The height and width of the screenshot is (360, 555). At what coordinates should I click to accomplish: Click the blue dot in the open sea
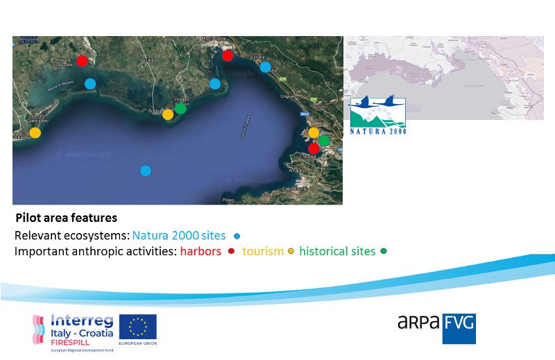[x=145, y=171]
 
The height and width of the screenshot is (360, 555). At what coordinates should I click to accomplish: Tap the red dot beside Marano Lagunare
[x=82, y=61]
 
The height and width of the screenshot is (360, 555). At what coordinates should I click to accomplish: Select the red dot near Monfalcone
[x=228, y=55]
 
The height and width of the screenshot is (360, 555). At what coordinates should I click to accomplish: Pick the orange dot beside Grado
[x=168, y=114]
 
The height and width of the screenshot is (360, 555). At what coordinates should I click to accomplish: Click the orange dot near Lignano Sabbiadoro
[x=35, y=132]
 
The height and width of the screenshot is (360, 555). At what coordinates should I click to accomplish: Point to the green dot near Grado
[x=180, y=108]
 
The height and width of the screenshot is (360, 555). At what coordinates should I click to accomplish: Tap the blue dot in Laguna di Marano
[x=90, y=83]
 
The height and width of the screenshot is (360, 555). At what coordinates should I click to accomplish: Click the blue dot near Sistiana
[x=265, y=67]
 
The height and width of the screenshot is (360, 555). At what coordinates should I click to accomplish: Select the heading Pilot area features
[x=66, y=218]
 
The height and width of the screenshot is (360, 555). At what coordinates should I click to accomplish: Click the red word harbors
[x=200, y=251]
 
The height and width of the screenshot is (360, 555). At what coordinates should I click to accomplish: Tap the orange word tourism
[x=263, y=251]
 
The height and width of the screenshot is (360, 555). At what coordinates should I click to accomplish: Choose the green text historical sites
[x=337, y=251]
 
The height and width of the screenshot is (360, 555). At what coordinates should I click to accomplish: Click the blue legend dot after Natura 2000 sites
[x=237, y=236]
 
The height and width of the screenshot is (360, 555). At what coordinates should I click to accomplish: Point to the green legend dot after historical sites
[x=384, y=251]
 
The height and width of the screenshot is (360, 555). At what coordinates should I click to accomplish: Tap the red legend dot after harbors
[x=230, y=251]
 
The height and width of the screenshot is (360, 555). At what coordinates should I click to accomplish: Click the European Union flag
[x=137, y=327]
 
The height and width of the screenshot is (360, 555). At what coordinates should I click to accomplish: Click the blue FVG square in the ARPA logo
[x=459, y=328]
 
